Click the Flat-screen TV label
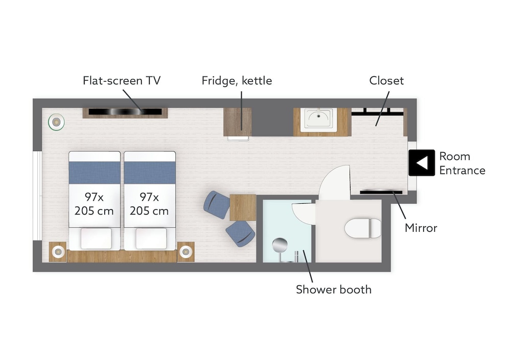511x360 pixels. click(122, 81)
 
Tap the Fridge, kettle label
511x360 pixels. click(237, 81)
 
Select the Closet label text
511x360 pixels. click(386, 81)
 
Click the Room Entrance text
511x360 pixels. click(462, 163)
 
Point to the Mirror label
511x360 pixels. click(421, 228)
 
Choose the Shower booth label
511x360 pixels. click(334, 290)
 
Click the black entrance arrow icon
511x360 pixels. click(422, 163)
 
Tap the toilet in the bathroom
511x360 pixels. click(363, 228)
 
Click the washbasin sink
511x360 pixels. click(319, 119)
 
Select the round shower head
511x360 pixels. click(280, 245)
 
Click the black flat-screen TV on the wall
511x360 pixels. click(125, 112)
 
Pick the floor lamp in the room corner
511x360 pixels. click(56, 122)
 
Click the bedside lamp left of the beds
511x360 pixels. click(58, 251)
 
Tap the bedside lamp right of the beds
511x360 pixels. click(186, 251)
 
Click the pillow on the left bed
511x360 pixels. click(96, 238)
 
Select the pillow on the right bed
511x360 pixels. click(151, 238)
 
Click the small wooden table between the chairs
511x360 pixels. click(243, 207)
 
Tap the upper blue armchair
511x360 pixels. click(216, 205)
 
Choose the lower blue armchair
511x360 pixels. click(240, 233)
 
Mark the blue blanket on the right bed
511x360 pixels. click(150, 173)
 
